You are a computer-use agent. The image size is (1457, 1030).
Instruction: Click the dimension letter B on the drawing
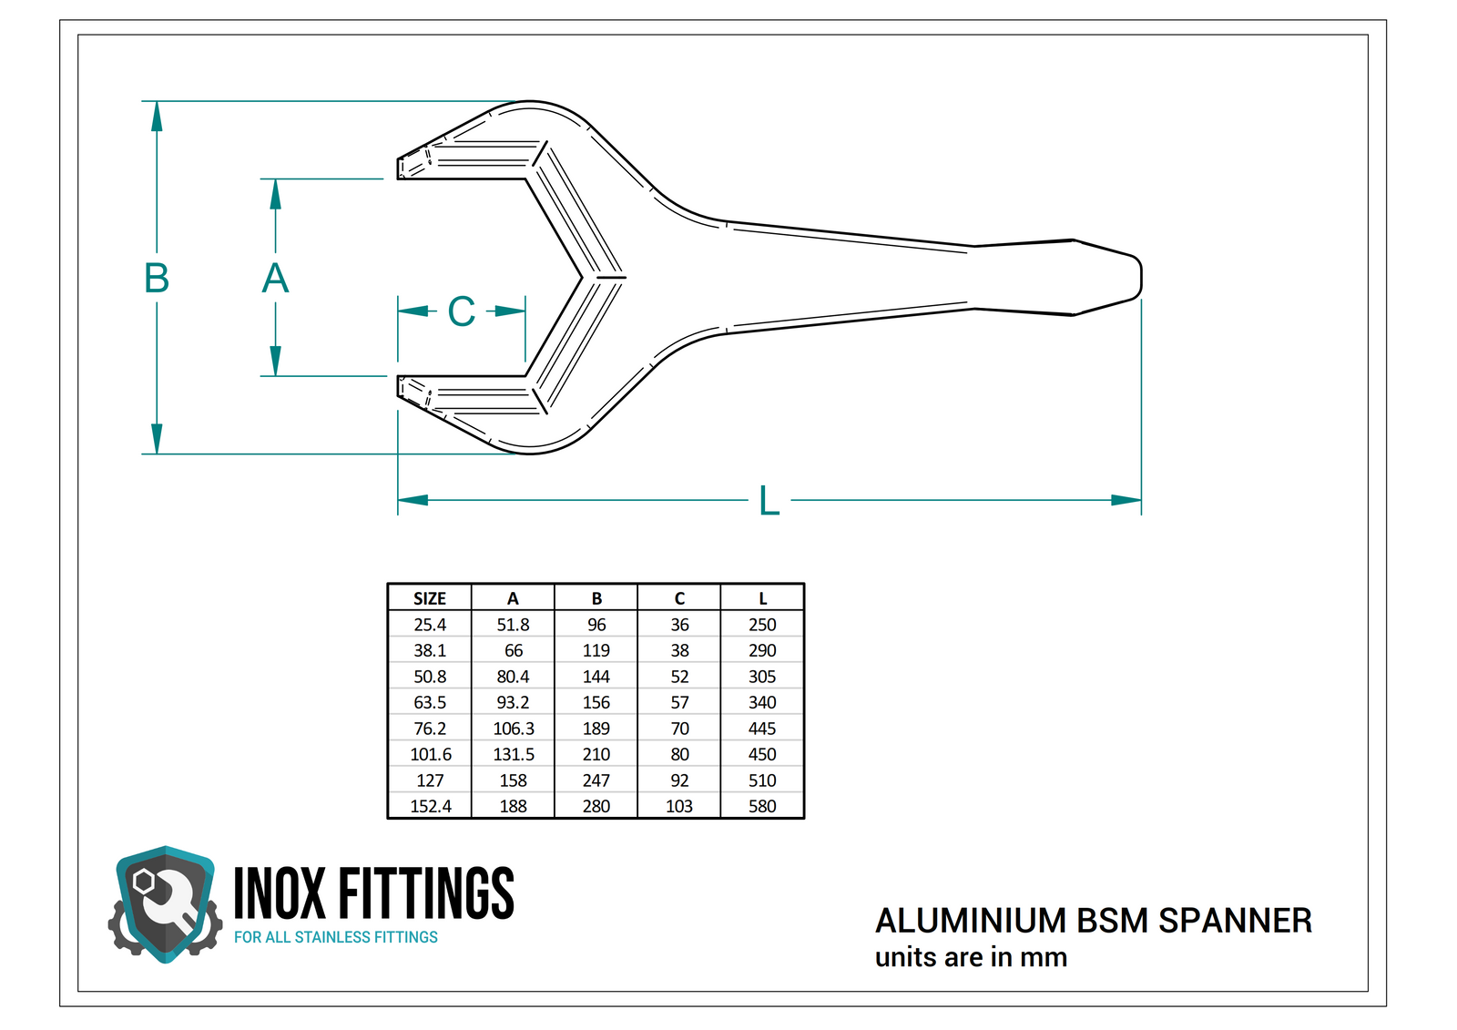pyautogui.click(x=157, y=278)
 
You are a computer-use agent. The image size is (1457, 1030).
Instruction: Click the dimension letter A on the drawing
pyautogui.click(x=275, y=278)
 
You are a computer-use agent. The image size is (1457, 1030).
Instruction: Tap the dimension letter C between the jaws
pyautogui.click(x=462, y=311)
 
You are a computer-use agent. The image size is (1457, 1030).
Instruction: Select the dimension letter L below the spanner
pyautogui.click(x=769, y=501)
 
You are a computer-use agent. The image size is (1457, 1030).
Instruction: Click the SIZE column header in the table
pyautogui.click(x=430, y=598)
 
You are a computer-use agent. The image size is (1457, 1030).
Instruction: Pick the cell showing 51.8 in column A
pyautogui.click(x=513, y=625)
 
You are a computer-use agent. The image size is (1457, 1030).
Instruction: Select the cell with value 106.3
pyautogui.click(x=514, y=729)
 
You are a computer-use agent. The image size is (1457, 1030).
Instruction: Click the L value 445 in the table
pyautogui.click(x=762, y=729)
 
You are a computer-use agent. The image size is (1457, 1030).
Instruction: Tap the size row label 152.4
pyautogui.click(x=430, y=806)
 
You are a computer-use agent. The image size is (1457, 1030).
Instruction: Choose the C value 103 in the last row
pyautogui.click(x=679, y=806)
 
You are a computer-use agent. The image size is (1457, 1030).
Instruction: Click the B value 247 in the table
pyautogui.click(x=596, y=780)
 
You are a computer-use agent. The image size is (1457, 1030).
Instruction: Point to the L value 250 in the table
pyautogui.click(x=762, y=625)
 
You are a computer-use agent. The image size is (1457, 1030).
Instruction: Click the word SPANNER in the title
pyautogui.click(x=1235, y=921)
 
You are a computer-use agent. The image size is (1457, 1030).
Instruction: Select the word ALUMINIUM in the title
pyautogui.click(x=971, y=921)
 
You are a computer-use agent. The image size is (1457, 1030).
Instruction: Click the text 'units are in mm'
pyautogui.click(x=971, y=957)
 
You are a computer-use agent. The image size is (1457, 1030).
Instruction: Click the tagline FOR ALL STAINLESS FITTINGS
pyautogui.click(x=335, y=937)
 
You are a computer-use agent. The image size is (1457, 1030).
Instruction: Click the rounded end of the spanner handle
pyautogui.click(x=1136, y=277)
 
